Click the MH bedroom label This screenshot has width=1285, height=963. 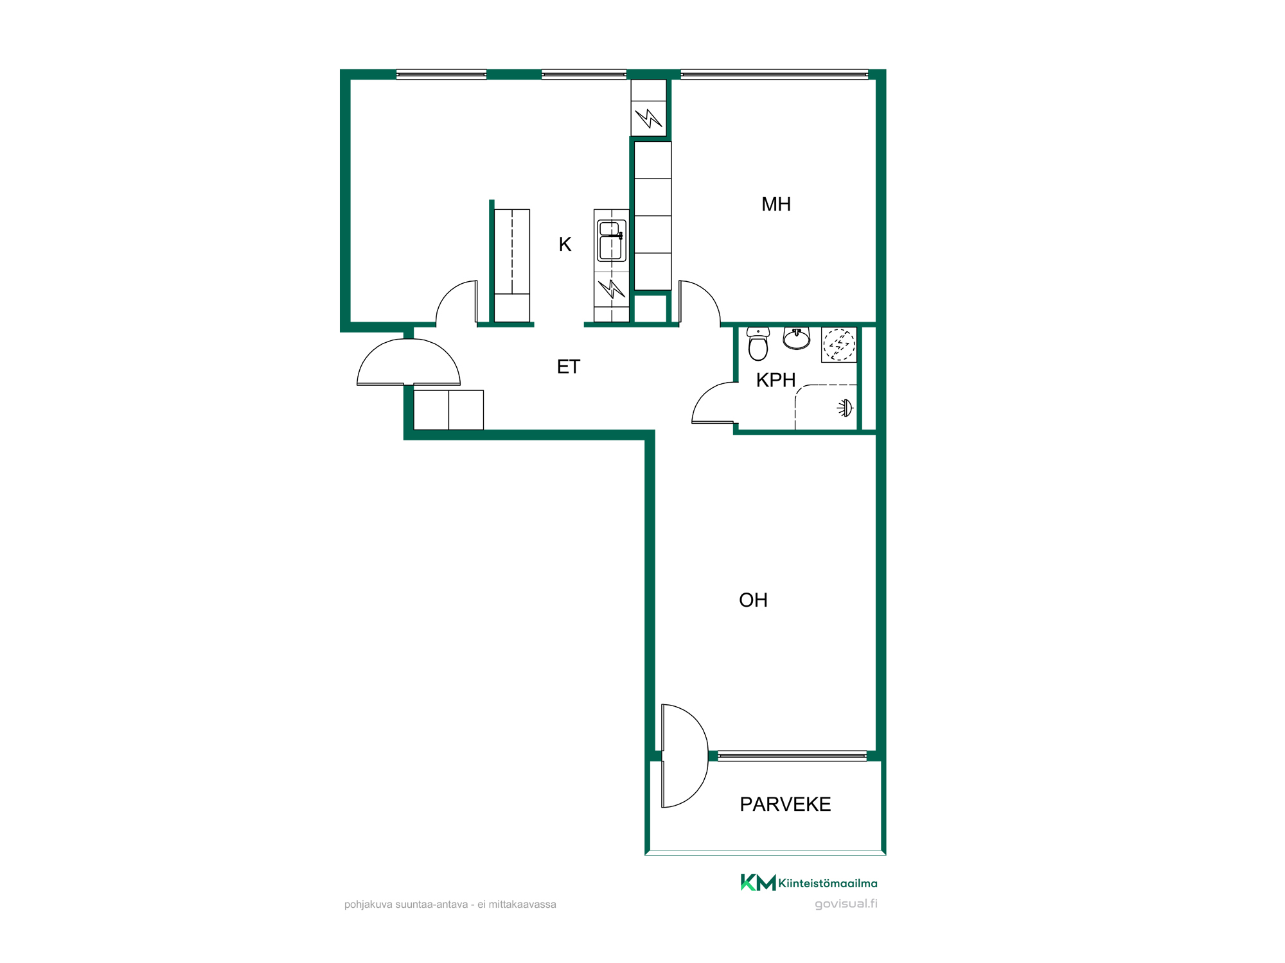tap(775, 204)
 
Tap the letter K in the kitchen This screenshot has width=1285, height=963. tap(565, 244)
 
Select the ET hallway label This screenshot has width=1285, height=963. tap(569, 367)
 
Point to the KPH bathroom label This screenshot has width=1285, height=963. tap(775, 380)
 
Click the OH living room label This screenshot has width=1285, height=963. tap(753, 600)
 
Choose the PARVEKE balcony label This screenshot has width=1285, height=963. tap(785, 804)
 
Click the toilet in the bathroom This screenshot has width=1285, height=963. tap(758, 344)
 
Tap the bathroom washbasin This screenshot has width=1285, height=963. tap(797, 338)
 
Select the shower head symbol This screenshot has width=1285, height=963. tap(845, 408)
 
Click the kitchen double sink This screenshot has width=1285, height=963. tap(611, 241)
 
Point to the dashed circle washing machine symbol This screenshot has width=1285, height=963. tap(839, 345)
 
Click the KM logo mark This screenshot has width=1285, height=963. tap(758, 882)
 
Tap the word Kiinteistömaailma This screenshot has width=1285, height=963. tap(828, 883)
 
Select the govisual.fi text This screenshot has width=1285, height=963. tap(846, 903)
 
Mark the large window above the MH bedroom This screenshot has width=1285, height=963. tap(774, 74)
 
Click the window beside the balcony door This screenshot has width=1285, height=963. tap(792, 756)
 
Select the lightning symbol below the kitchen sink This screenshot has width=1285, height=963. tap(611, 289)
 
